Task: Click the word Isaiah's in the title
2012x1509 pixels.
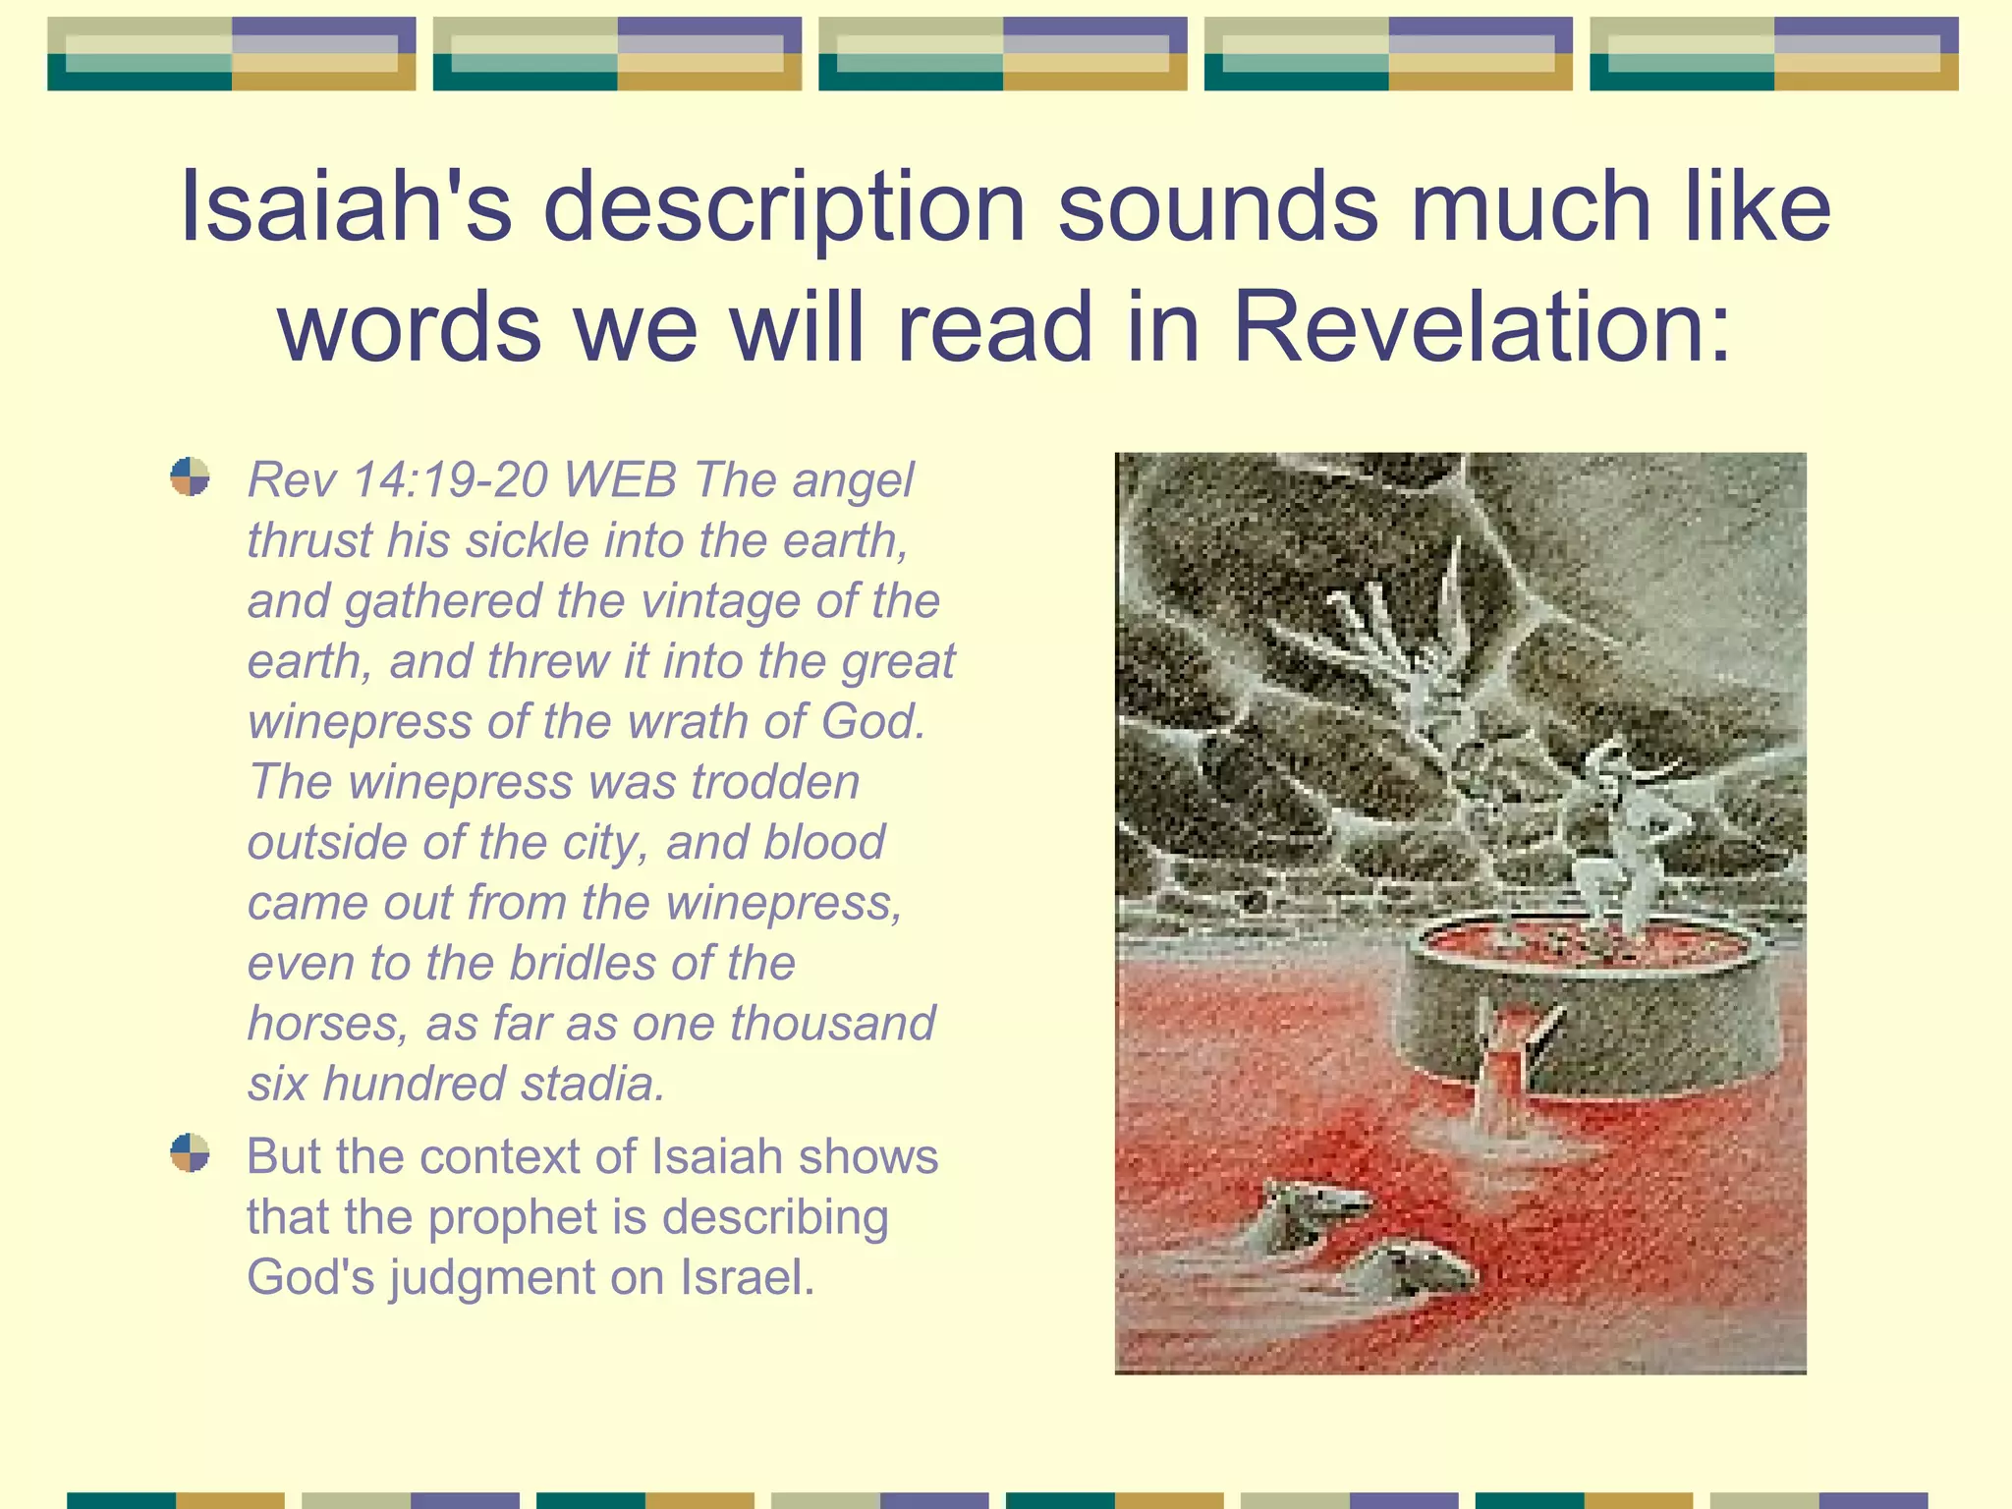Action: pos(346,206)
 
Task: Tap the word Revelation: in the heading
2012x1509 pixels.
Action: pos(1481,327)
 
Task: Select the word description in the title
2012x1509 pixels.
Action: pos(784,208)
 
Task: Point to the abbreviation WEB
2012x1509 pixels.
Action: pos(621,480)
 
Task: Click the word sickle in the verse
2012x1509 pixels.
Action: pos(526,541)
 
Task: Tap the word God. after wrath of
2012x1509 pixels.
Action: pos(872,722)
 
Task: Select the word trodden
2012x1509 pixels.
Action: pos(775,783)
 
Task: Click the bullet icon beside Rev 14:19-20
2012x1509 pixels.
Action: pos(190,477)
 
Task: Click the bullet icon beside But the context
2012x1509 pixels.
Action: pos(190,1152)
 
